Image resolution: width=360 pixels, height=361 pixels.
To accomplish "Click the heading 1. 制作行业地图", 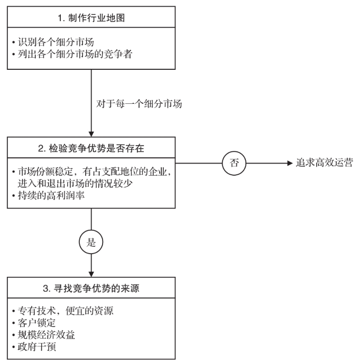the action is coord(91,18).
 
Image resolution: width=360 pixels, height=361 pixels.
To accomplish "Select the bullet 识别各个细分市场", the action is coord(53,42).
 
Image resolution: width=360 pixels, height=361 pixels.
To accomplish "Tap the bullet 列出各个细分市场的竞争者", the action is coord(72,55).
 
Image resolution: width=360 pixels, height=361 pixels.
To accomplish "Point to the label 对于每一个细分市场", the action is coord(139,104).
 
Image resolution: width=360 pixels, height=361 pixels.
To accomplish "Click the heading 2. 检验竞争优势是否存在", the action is coord(91,148).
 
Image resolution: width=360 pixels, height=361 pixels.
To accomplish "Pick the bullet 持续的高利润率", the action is coord(48,196).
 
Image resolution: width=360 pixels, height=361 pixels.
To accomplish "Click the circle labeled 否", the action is coord(234,163).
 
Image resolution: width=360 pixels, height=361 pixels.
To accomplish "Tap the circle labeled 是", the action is coord(91,242).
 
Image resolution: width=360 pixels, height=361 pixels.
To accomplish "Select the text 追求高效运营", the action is coord(325,163).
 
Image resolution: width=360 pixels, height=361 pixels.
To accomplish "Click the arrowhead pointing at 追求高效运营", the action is coord(290,163).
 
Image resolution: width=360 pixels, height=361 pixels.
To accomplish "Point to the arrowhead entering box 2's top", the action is coord(91,134).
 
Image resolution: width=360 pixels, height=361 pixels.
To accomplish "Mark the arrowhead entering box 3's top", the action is coord(91,274).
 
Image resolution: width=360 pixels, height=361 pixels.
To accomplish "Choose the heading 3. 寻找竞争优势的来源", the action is coord(91,288).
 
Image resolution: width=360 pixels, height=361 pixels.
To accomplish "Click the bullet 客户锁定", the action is coord(34,323).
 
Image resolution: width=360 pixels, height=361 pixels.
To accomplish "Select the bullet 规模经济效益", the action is coord(43,335).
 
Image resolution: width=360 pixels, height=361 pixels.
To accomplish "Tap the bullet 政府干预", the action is coord(34,347).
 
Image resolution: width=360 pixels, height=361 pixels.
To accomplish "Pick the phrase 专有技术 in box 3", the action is coord(37,311).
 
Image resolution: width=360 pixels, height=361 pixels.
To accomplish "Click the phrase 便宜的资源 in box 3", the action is coord(89,311).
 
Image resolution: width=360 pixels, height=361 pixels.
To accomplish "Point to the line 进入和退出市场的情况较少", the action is coord(75,184).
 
